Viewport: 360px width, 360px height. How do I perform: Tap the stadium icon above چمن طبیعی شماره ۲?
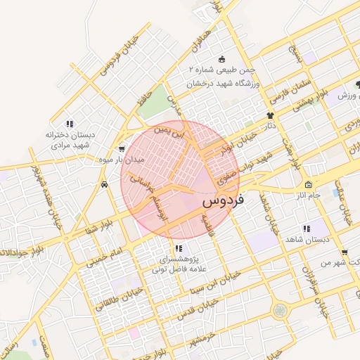[x=222, y=59]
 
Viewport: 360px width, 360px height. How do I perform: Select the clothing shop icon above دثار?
[x=270, y=115]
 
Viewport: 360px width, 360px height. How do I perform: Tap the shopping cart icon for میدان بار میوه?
[x=122, y=148]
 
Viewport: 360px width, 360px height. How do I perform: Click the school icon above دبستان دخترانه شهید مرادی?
[x=70, y=124]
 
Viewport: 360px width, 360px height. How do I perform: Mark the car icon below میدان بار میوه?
[x=104, y=184]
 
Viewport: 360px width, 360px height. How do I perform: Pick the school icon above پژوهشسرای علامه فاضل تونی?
[x=178, y=247]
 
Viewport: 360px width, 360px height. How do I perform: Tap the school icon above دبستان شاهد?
[x=306, y=229]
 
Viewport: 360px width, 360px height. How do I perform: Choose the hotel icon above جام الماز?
[x=308, y=184]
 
